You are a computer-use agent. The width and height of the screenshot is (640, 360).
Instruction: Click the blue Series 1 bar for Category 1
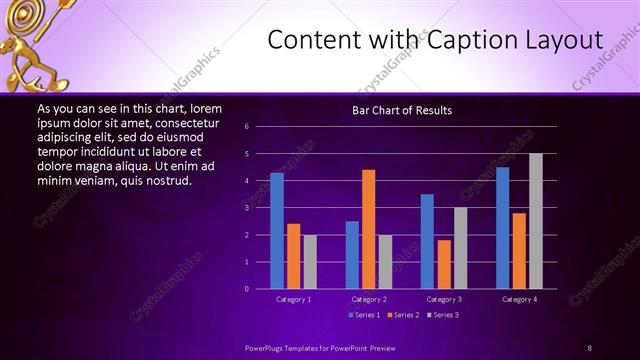tap(276, 231)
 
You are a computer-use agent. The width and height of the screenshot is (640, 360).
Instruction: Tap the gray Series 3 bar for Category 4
tap(536, 221)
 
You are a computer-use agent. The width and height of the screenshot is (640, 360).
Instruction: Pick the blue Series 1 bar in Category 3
tap(427, 241)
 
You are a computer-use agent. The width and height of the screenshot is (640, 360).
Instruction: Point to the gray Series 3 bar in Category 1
tap(310, 261)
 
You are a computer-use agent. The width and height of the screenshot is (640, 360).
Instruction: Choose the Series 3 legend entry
tap(445, 315)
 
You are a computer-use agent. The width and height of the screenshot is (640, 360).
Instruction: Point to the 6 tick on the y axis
tap(260, 127)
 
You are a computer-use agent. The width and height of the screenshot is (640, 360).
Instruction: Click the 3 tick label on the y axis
tap(260, 208)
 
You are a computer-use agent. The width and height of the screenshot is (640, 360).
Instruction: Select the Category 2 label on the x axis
tap(368, 299)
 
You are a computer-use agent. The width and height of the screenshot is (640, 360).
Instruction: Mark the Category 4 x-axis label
tap(519, 299)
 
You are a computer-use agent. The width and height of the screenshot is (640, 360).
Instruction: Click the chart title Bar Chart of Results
tap(402, 110)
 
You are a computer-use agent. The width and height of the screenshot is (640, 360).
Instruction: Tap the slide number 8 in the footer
tap(589, 347)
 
